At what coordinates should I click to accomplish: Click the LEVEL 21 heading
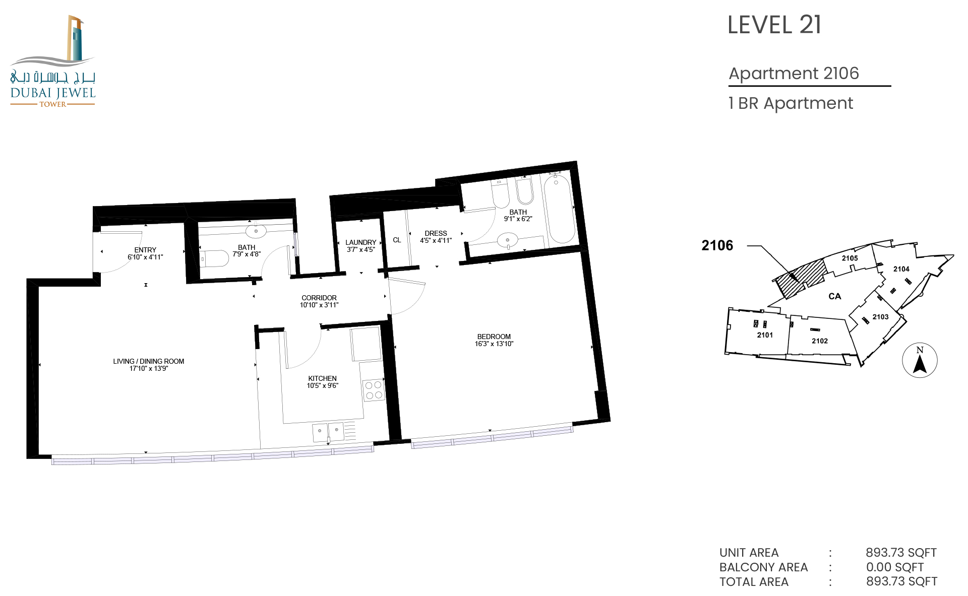pyautogui.click(x=774, y=25)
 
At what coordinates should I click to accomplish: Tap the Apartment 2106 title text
pyautogui.click(x=794, y=74)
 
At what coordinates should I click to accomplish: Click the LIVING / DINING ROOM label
pyautogui.click(x=149, y=361)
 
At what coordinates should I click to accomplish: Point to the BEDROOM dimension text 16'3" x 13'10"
pyautogui.click(x=494, y=344)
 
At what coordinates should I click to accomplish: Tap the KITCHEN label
pyautogui.click(x=323, y=378)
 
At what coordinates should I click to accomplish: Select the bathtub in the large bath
pyautogui.click(x=559, y=208)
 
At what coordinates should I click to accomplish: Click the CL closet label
pyautogui.click(x=397, y=240)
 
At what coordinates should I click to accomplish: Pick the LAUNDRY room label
pyautogui.click(x=361, y=242)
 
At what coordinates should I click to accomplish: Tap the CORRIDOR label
pyautogui.click(x=319, y=298)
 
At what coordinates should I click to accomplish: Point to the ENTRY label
pyautogui.click(x=145, y=250)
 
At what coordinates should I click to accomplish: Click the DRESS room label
pyautogui.click(x=436, y=233)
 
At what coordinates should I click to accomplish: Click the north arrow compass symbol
pyautogui.click(x=920, y=361)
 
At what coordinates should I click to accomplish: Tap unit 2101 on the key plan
pyautogui.click(x=765, y=335)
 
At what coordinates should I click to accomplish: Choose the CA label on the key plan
pyautogui.click(x=835, y=296)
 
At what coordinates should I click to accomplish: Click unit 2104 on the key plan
pyautogui.click(x=901, y=269)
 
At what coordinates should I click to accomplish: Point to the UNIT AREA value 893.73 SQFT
pyautogui.click(x=901, y=553)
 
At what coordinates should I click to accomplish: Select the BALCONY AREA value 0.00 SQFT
pyautogui.click(x=895, y=567)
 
